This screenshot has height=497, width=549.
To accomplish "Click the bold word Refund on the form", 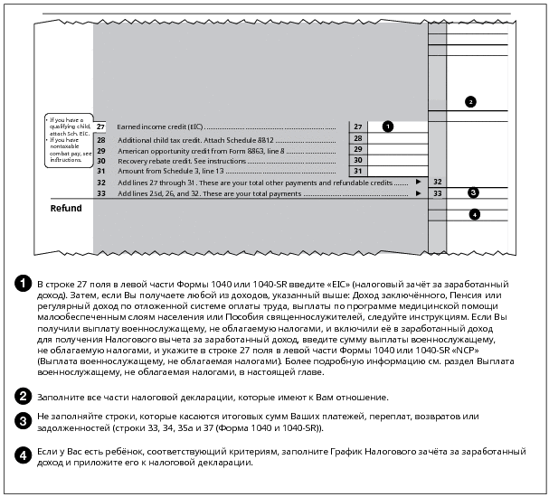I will coord(66,209).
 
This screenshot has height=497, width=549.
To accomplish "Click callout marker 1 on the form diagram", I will coord(387,127).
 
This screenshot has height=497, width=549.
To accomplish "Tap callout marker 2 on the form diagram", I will coord(469,102).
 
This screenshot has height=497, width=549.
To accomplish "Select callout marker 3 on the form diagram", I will coord(473,192).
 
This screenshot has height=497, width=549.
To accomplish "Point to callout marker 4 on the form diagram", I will coord(473,214).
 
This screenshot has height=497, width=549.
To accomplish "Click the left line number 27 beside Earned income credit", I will coord(100,127).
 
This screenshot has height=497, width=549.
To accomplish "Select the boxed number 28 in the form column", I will coord(358,140).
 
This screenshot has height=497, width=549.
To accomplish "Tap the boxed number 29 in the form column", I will coord(358,150).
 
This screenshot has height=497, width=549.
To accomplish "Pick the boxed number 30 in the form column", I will coord(358,160).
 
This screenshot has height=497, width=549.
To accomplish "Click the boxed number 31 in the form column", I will coord(358,171).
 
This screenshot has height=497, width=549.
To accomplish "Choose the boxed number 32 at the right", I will coord(437,182).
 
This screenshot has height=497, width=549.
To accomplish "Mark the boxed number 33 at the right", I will coord(437,192).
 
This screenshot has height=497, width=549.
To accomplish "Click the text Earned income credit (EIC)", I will coord(159,127).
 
